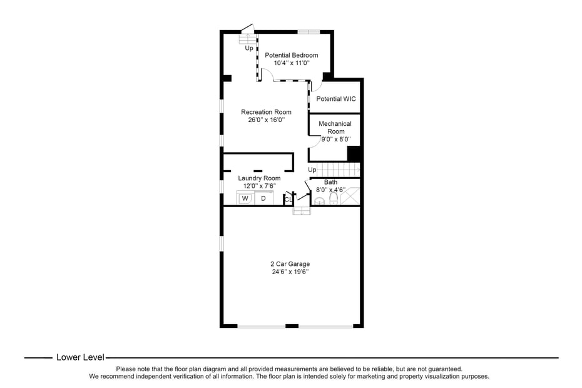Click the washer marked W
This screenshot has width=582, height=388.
point(245,198)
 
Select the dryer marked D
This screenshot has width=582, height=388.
point(263,198)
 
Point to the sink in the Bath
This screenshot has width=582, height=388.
point(319,201)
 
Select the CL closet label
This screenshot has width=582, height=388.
point(288,200)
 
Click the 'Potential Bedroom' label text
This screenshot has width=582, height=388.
point(291,55)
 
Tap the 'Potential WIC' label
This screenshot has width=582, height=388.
point(335,99)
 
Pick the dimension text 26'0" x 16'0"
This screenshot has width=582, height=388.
point(266,120)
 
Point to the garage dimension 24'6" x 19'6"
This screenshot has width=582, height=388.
point(290,272)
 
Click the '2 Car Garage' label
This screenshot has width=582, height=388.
point(290,263)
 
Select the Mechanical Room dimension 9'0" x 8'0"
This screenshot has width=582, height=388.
point(335,140)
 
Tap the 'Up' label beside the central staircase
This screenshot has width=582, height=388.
point(312,170)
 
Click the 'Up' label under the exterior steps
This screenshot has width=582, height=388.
point(249,48)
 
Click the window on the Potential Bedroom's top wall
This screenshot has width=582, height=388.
point(308,31)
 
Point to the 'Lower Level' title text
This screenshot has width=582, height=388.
point(80,357)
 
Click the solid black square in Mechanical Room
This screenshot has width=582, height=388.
point(354,153)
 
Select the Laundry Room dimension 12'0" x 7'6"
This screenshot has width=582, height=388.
point(259,186)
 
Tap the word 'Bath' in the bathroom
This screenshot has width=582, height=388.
point(330,182)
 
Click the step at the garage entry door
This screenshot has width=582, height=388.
point(302,211)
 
